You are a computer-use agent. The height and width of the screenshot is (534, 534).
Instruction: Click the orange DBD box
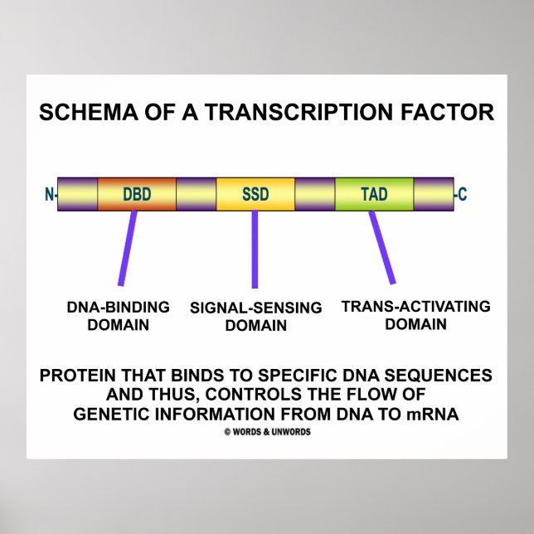(137, 194)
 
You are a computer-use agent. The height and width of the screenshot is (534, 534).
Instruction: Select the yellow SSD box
(255, 194)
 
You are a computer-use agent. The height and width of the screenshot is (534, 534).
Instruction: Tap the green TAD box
(374, 194)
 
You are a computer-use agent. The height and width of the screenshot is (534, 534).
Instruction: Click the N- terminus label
(50, 195)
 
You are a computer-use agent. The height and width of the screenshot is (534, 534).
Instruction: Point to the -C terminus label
(462, 195)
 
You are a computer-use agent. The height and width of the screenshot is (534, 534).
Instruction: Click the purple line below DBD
(127, 248)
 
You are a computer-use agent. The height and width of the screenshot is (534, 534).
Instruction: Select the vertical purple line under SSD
(255, 249)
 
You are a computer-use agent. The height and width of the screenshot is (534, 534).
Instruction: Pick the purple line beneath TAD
(382, 247)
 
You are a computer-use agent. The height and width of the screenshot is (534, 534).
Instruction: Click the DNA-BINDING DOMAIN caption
(119, 316)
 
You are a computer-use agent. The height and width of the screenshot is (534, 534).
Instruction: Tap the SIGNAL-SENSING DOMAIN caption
(255, 317)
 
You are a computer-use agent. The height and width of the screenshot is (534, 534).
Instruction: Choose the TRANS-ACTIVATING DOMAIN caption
(415, 315)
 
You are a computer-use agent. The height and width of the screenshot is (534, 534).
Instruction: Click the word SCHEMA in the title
(80, 112)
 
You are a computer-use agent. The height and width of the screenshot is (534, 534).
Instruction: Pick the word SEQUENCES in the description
(445, 376)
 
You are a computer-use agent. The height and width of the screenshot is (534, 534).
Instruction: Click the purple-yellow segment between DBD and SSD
(196, 194)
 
